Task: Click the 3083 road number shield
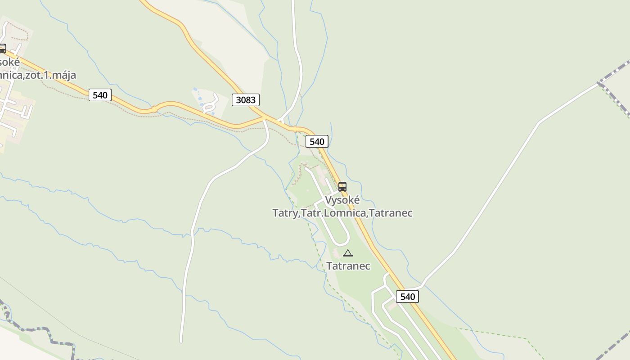pos(246,100)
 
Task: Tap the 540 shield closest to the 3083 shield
pos(317,141)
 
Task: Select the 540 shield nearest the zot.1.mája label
pos(100,95)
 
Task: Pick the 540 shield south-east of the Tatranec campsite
pos(407,297)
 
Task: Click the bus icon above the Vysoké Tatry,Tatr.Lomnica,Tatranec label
pos(342,187)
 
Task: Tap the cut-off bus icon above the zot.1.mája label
pos(2,49)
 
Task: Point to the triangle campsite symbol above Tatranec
pos(348,253)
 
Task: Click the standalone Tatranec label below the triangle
pos(348,266)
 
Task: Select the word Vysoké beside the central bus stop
pos(342,200)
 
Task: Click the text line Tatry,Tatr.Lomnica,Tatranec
pos(342,213)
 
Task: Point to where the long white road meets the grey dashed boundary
pos(598,83)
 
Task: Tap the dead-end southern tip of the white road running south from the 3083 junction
pos(181,341)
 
